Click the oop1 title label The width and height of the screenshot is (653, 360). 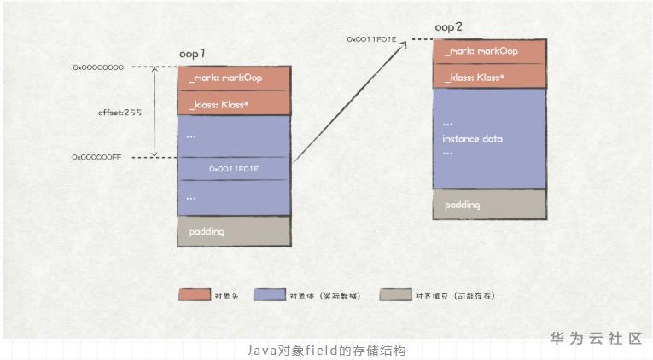[192, 54]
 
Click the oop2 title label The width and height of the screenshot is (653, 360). [448, 27]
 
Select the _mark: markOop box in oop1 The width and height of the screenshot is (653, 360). [233, 78]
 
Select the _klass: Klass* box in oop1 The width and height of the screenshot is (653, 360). [233, 102]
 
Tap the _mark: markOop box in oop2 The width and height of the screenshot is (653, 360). [489, 51]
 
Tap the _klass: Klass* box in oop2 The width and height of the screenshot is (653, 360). [489, 77]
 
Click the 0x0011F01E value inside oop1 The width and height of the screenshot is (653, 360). [233, 169]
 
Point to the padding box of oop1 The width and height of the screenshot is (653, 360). [233, 231]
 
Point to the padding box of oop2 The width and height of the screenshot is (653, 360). [489, 205]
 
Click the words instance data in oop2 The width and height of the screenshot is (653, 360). [472, 138]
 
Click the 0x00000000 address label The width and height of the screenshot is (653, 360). [98, 67]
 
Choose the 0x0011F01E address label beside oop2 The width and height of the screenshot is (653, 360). [372, 39]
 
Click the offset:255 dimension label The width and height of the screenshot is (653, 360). [120, 112]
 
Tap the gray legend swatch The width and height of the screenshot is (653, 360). [396, 295]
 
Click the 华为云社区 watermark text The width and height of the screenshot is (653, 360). [595, 339]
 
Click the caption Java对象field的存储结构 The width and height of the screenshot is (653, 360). [325, 351]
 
